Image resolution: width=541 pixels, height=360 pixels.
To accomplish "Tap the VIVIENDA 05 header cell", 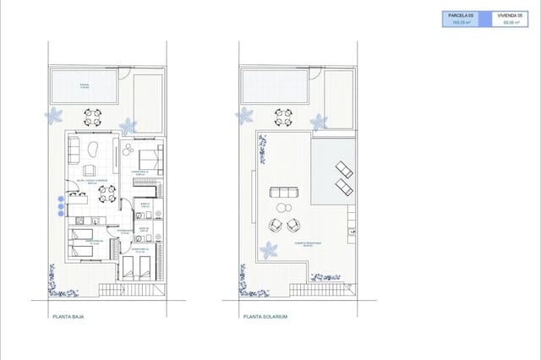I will (x=509, y=15).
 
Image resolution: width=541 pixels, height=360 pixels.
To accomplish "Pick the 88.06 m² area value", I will (x=509, y=23).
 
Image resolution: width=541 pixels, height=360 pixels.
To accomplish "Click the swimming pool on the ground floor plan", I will (x=85, y=85).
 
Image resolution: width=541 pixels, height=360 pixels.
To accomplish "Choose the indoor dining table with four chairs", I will (x=107, y=195).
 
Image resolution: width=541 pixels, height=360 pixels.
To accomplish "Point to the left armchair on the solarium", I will (x=276, y=226).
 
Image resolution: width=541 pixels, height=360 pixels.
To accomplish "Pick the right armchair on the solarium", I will (x=294, y=226).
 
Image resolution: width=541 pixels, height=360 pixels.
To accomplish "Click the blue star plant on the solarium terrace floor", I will (x=269, y=250).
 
